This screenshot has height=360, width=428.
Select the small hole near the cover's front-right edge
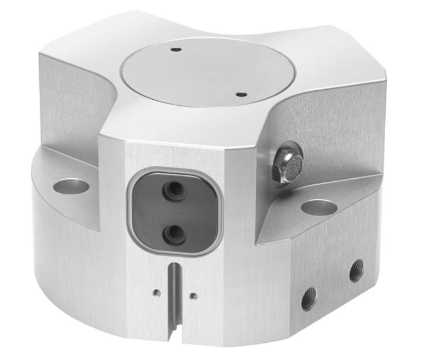tap(240, 94)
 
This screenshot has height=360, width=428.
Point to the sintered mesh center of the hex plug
tap(291, 161)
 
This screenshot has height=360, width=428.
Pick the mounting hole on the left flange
tap(71, 186)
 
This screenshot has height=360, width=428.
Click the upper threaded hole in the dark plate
tap(175, 191)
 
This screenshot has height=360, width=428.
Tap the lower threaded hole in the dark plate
tap(175, 233)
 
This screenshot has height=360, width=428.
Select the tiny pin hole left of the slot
tap(155, 292)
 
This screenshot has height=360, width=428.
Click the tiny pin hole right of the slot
tap(193, 295)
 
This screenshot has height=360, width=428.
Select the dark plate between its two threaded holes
tap(175, 213)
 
